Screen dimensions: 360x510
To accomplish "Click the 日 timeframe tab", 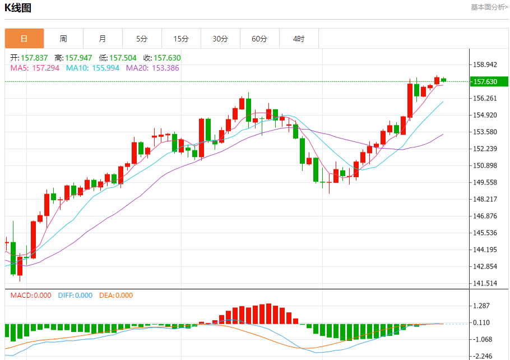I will (24, 39).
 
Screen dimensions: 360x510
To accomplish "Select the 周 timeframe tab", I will (63, 39).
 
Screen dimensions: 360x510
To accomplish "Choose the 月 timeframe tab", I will (103, 39).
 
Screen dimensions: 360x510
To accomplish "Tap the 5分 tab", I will (142, 39).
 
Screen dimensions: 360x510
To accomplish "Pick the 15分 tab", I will (181, 39).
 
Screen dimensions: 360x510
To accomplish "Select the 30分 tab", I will (220, 39).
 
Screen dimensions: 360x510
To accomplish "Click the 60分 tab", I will (259, 39).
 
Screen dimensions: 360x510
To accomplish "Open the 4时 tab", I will (299, 39).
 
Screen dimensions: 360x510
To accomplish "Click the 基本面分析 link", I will (489, 7).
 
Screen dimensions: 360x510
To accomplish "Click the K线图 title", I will (18, 8).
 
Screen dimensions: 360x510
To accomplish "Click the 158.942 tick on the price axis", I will (485, 64).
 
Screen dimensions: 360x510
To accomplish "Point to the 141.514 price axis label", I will (485, 283).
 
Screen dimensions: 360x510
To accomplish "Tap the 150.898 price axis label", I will (485, 165).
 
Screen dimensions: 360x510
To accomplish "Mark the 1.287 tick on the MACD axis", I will (483, 306).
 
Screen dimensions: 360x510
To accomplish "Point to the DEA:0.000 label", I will (116, 296).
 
